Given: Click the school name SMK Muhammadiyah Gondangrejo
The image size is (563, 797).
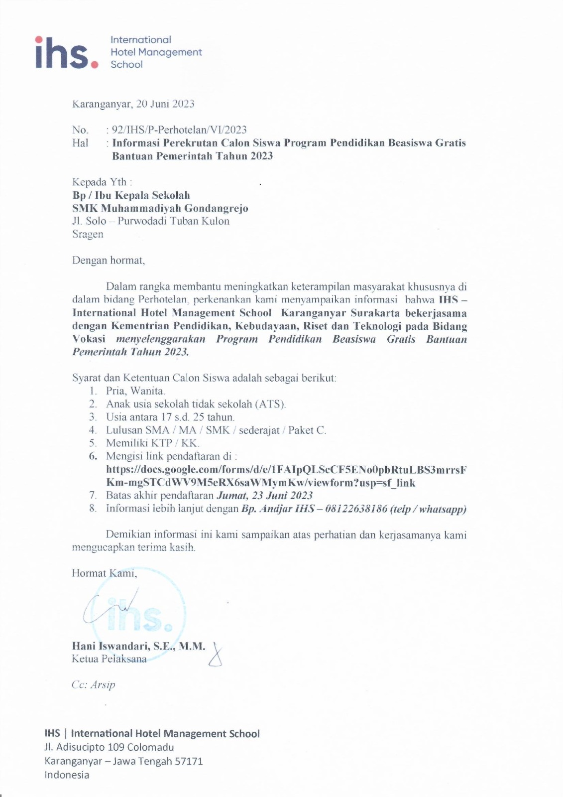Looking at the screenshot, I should point(160,208).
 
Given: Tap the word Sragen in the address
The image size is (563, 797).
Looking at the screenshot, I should point(88,234).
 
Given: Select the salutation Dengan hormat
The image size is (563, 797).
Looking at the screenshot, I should point(108,260).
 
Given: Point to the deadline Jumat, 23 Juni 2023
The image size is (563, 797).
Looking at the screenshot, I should point(264,496).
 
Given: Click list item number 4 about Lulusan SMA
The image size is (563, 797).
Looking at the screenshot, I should point(216,430).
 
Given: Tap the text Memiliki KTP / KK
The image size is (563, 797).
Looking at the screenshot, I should point(152,443).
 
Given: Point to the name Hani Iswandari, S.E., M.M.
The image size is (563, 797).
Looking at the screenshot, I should point(138,646).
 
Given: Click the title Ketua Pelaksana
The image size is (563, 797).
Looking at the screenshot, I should point(109,659).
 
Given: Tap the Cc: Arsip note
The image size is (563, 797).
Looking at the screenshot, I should point(93,685).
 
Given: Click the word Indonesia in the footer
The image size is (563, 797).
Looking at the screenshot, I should point(67,775).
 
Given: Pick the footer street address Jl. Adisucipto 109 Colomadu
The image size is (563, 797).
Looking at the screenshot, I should point(109,747).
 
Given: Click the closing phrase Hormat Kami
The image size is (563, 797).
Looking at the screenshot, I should point(104,573).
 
